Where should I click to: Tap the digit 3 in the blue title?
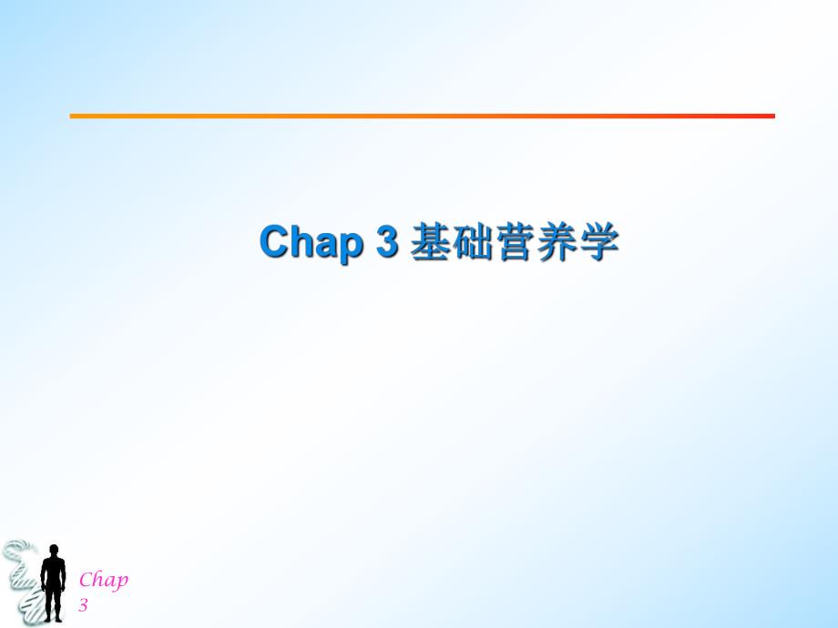coord(388,243)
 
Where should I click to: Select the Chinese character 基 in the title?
coord(429,243)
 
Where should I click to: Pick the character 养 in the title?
coord(558,243)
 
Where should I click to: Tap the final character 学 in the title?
coord(600,243)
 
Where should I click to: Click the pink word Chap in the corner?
coord(103,581)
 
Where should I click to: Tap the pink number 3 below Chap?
coord(83,604)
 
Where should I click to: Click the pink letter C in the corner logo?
coord(86,581)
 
